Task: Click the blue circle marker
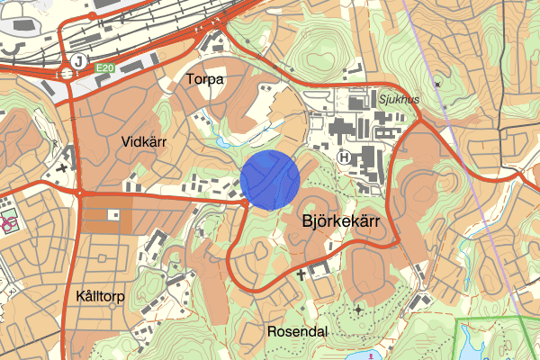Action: [x=270, y=180]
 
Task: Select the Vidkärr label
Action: [x=144, y=141]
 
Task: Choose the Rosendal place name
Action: [x=297, y=331]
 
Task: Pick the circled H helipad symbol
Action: [x=344, y=157]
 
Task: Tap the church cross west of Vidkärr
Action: [x=62, y=167]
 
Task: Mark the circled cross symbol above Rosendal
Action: [x=359, y=310]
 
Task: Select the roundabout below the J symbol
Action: [x=68, y=76]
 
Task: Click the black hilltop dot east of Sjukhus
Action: [x=437, y=83]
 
